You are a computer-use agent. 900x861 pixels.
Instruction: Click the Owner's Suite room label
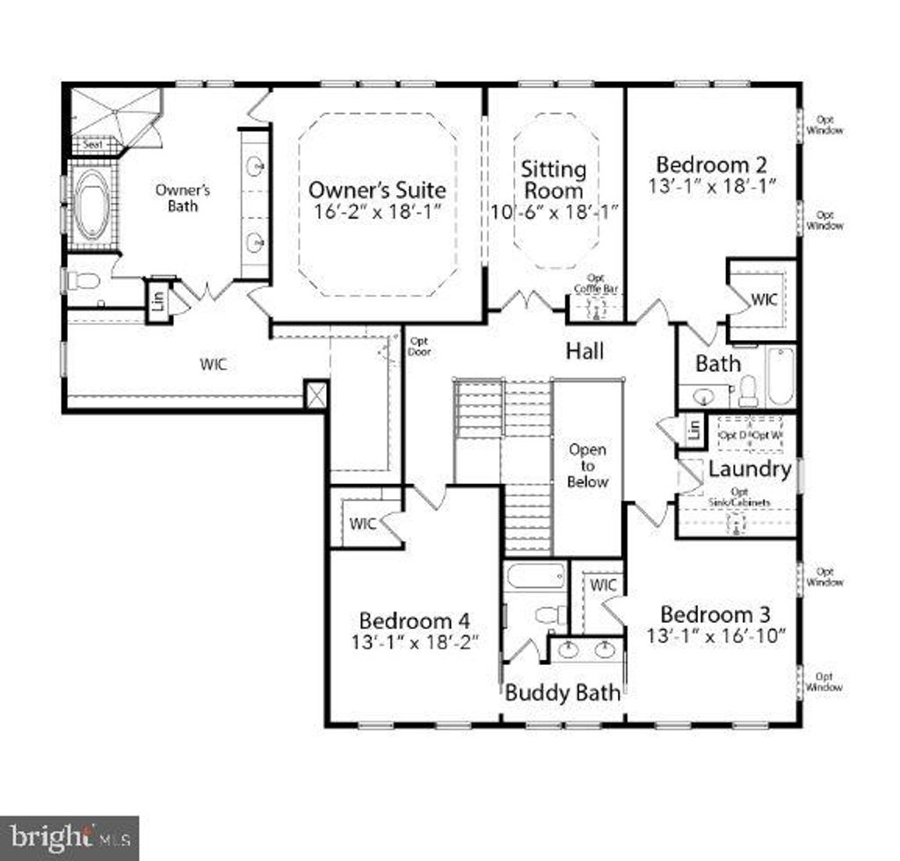tap(376, 190)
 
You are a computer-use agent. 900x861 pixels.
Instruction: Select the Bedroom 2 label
tap(711, 164)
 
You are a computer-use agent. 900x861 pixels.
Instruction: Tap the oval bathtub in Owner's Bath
tap(91, 205)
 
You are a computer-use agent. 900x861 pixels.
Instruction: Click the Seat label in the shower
tap(92, 143)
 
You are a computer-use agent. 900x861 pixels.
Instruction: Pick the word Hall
tap(584, 351)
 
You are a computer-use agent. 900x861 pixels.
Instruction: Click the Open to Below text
tap(587, 466)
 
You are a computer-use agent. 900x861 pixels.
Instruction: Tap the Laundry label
tap(749, 469)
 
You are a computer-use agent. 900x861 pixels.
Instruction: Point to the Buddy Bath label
tap(562, 692)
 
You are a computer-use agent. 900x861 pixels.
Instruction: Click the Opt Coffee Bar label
tap(595, 284)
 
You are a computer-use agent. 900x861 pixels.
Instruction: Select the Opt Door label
tap(419, 347)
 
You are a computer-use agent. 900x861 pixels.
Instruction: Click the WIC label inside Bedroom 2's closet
tap(764, 299)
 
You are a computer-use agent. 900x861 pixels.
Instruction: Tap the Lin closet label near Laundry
tap(694, 430)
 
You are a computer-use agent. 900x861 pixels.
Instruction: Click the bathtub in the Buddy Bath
tap(535, 577)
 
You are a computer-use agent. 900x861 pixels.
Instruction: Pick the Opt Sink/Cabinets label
tap(740, 497)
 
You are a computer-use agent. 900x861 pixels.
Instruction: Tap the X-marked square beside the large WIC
tap(316, 394)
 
